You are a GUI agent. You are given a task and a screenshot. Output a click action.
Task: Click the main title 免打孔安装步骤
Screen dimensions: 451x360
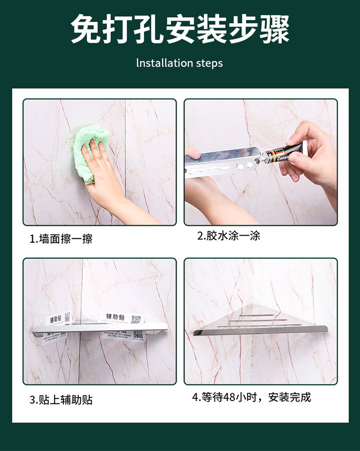tap(180, 30)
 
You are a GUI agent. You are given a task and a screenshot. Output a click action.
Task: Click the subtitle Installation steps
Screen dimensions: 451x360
tap(180, 63)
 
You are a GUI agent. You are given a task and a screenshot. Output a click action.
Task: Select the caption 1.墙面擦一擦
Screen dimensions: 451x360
tap(61, 238)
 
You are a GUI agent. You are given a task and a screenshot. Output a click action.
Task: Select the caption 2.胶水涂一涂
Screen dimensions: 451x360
tap(228, 236)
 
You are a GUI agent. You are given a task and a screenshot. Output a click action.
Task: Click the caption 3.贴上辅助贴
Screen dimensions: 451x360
tap(61, 400)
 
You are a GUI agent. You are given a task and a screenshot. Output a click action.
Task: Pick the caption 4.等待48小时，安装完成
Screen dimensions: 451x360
tap(252, 397)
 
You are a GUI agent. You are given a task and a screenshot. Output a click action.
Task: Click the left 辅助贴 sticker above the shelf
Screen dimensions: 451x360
tap(54, 319)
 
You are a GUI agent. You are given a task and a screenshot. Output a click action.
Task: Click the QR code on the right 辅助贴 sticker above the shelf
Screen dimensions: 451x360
tap(136, 319)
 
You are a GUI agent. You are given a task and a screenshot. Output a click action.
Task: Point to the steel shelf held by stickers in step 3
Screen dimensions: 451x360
tap(101, 328)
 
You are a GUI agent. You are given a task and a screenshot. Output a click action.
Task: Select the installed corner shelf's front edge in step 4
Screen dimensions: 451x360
tap(260, 331)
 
